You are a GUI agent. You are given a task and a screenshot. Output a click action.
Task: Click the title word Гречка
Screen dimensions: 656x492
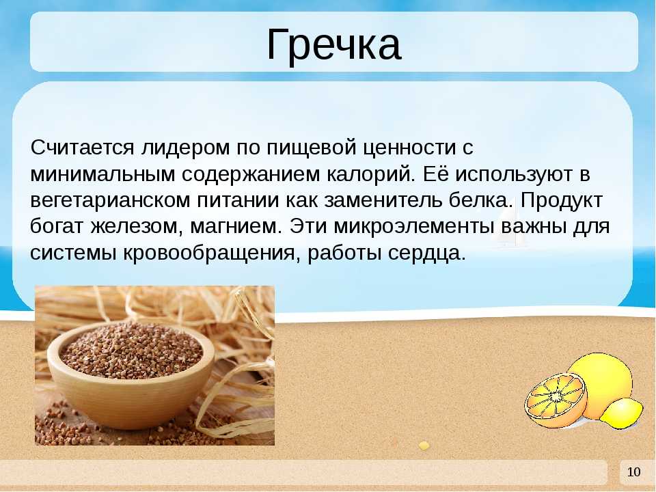[334, 45]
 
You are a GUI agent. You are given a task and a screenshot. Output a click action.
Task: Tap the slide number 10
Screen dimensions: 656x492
[634, 472]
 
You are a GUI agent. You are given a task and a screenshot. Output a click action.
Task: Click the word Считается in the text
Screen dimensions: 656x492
[83, 148]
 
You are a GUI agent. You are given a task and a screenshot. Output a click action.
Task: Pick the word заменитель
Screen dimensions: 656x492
[383, 200]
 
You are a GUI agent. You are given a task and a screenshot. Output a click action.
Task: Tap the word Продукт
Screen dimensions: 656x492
[562, 201]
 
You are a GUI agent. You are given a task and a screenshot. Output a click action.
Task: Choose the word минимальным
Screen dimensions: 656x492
[102, 174]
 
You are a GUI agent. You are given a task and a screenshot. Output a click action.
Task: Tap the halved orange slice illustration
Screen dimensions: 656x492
[556, 400]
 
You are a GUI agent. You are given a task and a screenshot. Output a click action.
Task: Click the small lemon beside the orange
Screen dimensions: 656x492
[621, 413]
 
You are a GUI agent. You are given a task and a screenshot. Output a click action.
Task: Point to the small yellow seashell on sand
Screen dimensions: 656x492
[424, 445]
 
